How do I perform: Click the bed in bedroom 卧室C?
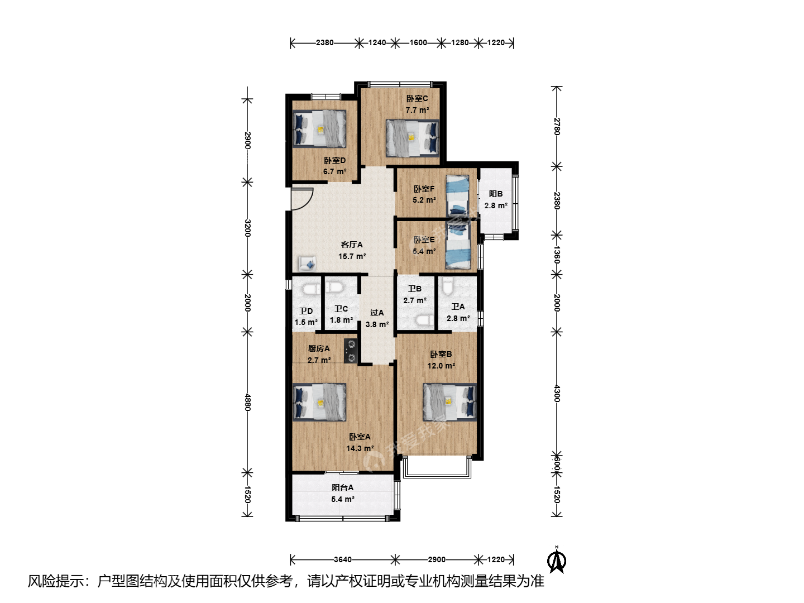[x=413, y=138]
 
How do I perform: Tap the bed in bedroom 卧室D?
[x=319, y=128]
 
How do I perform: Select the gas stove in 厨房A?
[x=351, y=351]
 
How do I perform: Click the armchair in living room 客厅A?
[x=307, y=264]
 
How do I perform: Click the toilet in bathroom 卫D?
[x=312, y=289]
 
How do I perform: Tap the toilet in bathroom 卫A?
[x=447, y=286]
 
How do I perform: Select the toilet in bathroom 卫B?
[x=425, y=320]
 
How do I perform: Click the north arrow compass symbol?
[x=557, y=560]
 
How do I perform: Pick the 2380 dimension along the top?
[x=324, y=43]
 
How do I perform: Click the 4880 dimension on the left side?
[x=247, y=402]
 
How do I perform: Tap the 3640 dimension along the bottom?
[x=342, y=559]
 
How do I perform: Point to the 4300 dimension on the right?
[x=557, y=394]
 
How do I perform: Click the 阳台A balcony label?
[x=342, y=487]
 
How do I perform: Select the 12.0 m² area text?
[x=441, y=366]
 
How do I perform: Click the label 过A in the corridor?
[x=377, y=313]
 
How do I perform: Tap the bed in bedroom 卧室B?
[x=449, y=402]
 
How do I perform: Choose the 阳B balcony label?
[x=496, y=194]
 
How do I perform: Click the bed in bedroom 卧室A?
[x=319, y=402]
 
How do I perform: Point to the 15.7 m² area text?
[x=352, y=256]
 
